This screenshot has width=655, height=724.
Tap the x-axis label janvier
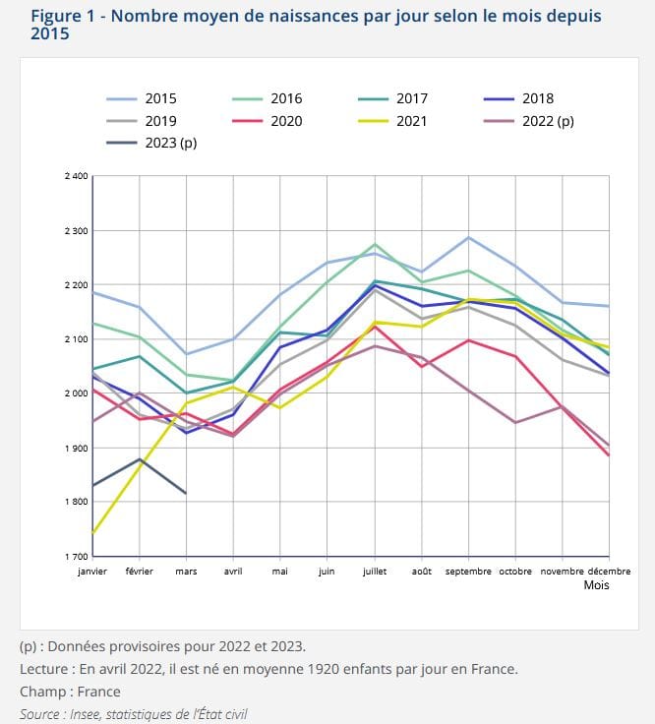pyautogui.click(x=91, y=571)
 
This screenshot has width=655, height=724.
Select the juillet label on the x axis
pyautogui.click(x=374, y=571)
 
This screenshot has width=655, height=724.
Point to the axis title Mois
pyautogui.click(x=596, y=585)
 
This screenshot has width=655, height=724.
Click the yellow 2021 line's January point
pyautogui.click(x=91, y=533)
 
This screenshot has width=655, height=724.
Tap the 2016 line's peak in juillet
pyautogui.click(x=374, y=244)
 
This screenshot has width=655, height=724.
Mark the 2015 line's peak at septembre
pyautogui.click(x=468, y=237)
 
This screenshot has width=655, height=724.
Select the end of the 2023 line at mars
pyautogui.click(x=186, y=493)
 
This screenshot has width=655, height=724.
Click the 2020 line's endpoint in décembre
pyautogui.click(x=609, y=455)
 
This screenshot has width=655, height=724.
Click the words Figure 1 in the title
pyautogui.click(x=64, y=17)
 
